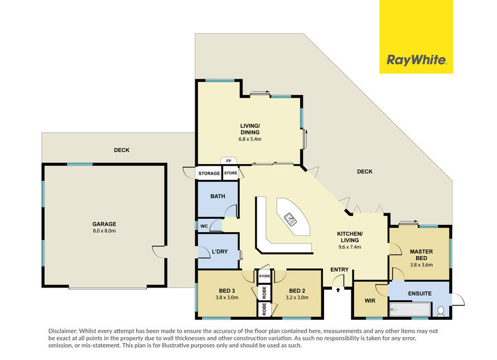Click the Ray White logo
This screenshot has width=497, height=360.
click(x=416, y=60)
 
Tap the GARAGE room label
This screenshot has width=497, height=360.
click(x=104, y=224)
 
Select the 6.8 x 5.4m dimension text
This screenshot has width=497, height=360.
click(x=250, y=139)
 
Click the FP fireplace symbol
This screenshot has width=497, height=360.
click(x=229, y=161)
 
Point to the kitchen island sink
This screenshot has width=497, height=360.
click(x=290, y=219)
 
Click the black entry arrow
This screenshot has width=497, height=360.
click(x=338, y=290)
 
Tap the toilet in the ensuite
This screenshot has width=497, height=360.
click(x=441, y=311)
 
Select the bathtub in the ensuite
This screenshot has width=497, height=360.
click(x=409, y=310)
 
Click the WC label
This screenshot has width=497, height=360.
click(x=204, y=226)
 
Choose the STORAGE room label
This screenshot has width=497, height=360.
click(x=209, y=173)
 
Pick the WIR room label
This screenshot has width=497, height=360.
click(x=370, y=300)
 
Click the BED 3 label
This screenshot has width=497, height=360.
click(x=227, y=291)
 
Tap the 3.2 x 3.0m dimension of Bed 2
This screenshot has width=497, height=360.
click(x=297, y=297)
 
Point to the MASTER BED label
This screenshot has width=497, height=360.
click(x=421, y=255)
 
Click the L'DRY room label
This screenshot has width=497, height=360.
click(x=220, y=252)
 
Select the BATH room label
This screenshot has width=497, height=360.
click(x=218, y=196)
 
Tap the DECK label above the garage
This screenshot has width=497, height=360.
click(x=122, y=150)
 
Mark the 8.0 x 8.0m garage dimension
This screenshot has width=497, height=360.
click(x=104, y=231)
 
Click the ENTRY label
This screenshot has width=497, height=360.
click(x=340, y=270)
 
